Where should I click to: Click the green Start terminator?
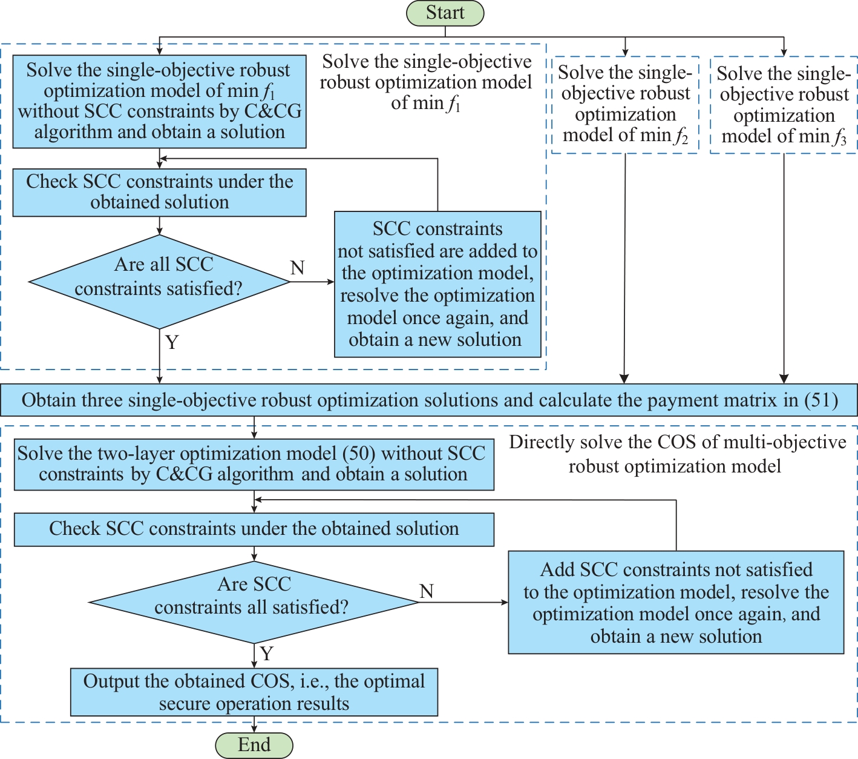coord(445,13)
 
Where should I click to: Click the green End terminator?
coord(254,745)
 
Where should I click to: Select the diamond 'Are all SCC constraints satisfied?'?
coord(159,282)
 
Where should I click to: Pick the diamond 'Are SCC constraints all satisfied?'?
coord(254,602)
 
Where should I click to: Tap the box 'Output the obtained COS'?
coord(254,692)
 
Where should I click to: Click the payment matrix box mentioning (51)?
coord(429,400)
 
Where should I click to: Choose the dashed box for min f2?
coord(625,105)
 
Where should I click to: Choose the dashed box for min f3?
coord(784,105)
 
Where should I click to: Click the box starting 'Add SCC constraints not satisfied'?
coord(676,602)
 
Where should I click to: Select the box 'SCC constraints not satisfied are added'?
coord(437,284)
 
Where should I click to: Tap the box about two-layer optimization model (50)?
coord(254,464)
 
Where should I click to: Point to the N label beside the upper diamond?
coord(297,268)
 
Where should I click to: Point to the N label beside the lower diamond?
coord(427,591)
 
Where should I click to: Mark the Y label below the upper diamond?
coord(172,342)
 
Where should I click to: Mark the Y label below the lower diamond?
coord(266,654)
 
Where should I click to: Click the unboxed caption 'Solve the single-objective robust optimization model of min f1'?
coord(425,82)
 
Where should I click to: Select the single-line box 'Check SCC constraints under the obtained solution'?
coord(254,529)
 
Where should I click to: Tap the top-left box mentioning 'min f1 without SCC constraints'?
coord(159,101)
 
